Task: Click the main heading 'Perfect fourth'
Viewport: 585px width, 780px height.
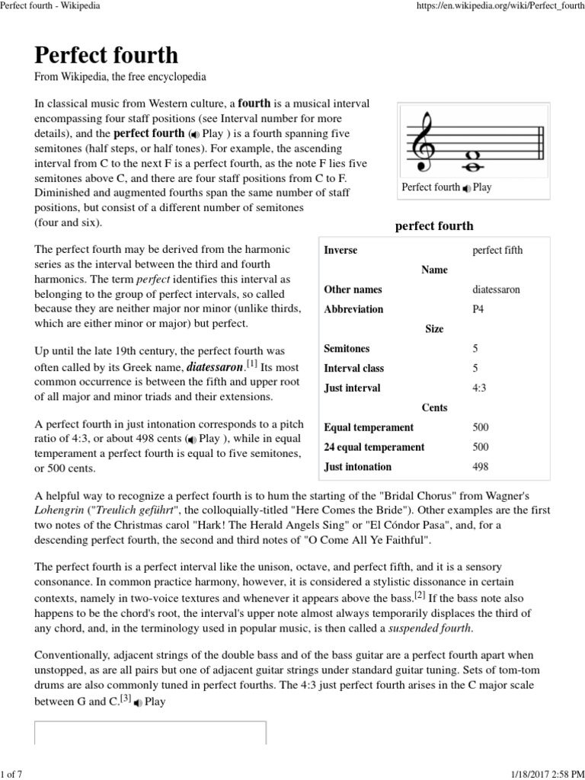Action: click(106, 55)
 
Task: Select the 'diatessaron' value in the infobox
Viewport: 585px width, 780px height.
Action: click(497, 290)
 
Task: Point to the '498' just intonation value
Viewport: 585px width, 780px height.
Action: click(481, 467)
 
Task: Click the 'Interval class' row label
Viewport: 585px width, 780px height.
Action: click(354, 368)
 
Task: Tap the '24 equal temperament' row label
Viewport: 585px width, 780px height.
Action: click(374, 447)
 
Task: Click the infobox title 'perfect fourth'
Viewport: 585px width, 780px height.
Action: click(434, 225)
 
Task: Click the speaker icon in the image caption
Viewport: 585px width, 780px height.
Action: click(466, 188)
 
